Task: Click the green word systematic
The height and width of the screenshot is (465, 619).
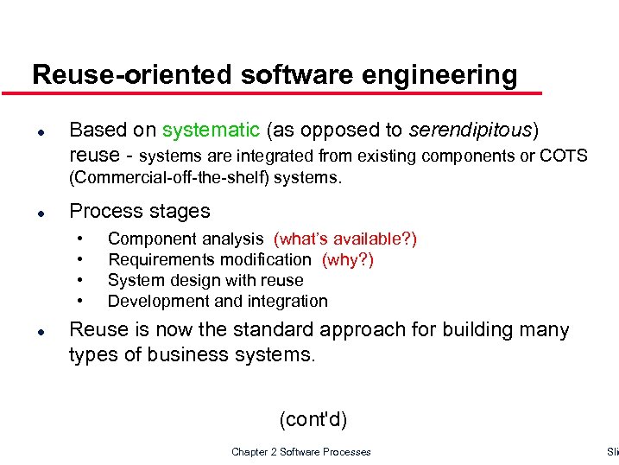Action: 211,131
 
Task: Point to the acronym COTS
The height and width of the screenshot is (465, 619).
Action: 564,156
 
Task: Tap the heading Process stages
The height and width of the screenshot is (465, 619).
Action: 139,211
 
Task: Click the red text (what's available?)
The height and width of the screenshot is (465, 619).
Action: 344,239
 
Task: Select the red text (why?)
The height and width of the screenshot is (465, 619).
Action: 347,259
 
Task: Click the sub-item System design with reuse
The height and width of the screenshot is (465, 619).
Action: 205,280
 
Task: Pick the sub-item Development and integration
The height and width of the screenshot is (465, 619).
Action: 218,301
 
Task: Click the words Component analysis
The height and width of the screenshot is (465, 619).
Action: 186,239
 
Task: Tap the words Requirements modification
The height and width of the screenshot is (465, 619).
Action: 209,259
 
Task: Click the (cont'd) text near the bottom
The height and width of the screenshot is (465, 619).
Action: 313,420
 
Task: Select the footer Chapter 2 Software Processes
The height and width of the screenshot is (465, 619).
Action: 301,452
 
